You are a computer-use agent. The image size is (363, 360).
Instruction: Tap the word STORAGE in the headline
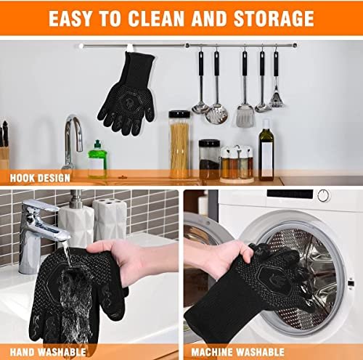[x=272, y=18]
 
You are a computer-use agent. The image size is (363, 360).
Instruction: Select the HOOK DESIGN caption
[x=36, y=176]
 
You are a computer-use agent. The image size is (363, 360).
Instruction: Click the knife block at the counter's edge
[x=5, y=149]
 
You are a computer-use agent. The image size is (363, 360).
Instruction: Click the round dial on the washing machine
[x=322, y=195]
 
